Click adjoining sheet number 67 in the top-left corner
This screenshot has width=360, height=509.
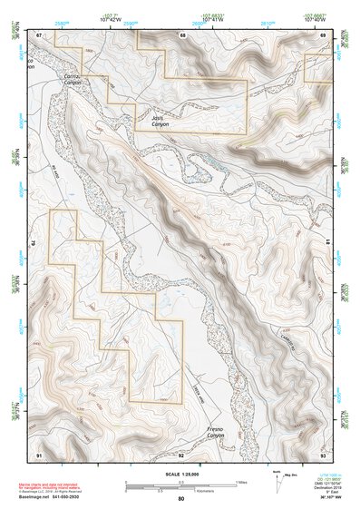[39, 34]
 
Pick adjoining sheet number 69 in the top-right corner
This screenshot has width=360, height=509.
[324, 34]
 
